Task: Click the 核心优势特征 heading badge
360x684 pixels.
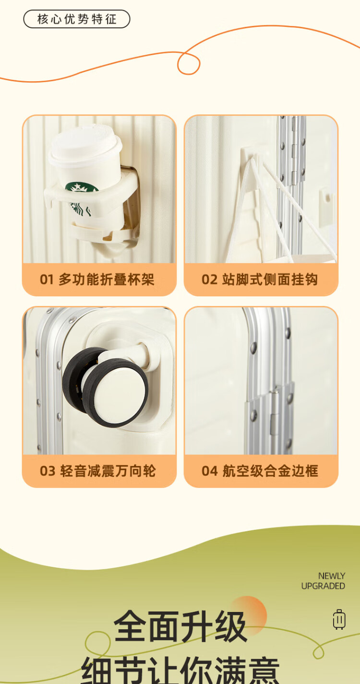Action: point(77,19)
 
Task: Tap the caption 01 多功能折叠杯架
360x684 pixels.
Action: point(97,280)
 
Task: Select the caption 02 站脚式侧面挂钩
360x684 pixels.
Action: point(260,280)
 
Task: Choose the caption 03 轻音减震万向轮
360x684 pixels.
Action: point(97,471)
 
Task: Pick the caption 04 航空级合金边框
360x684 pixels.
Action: point(260,471)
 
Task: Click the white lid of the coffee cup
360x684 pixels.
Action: point(86,145)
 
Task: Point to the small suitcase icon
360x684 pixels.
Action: point(339,619)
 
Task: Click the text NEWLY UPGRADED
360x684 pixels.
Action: point(323,581)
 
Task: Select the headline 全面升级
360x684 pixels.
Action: point(180,626)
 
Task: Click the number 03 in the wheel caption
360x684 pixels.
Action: point(48,471)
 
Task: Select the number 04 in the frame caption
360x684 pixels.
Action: point(210,471)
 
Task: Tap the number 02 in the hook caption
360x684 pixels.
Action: point(210,280)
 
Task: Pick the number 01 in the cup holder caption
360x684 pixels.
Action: point(47,280)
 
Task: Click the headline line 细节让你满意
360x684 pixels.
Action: point(180,670)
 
